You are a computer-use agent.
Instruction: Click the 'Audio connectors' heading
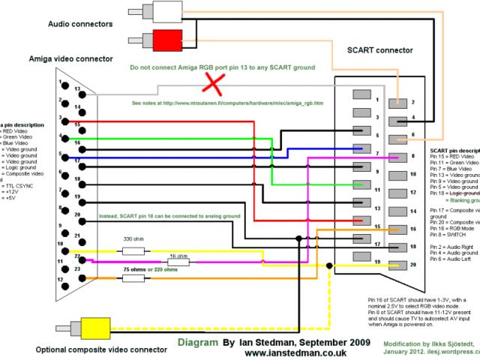[80, 24]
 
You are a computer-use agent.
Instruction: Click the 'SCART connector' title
[380, 50]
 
